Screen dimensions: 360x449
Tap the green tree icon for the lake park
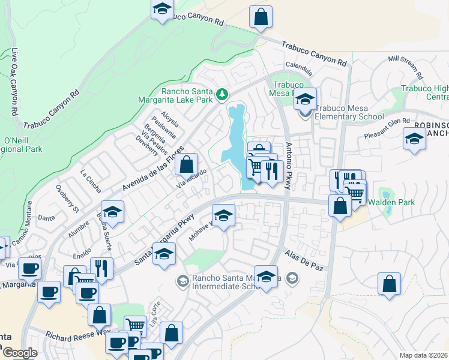[222, 94]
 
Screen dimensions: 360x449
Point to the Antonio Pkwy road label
[289, 167]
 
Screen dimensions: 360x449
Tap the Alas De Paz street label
[304, 261]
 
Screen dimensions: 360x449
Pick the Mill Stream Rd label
[406, 67]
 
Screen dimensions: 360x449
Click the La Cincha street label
[91, 180]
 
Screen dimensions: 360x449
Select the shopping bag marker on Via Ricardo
[187, 163]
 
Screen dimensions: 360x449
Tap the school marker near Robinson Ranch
[414, 139]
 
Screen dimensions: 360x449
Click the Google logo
[20, 353]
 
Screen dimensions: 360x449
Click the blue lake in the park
[234, 135]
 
